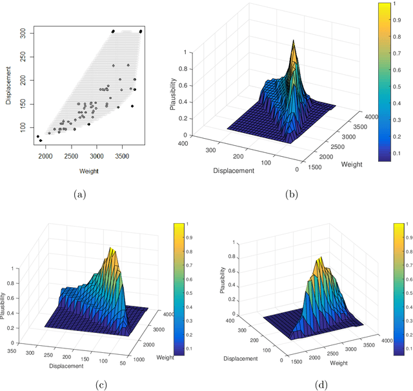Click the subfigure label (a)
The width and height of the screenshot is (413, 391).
click(x=79, y=194)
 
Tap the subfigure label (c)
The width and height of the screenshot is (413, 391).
click(x=101, y=385)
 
